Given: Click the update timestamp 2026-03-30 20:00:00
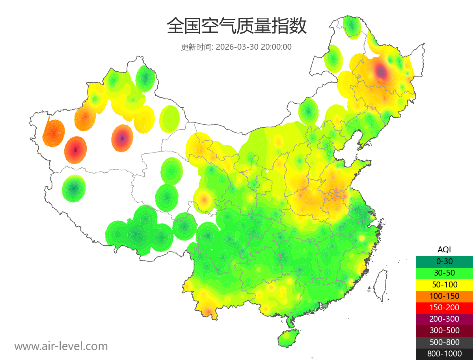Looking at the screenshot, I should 254,47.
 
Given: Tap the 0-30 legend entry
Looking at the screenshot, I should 444,261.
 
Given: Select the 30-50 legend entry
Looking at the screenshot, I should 444,273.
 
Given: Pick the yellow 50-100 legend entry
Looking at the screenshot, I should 444,284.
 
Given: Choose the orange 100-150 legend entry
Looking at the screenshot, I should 444,296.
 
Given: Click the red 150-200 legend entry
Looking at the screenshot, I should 444,308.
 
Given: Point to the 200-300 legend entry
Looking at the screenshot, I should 444,319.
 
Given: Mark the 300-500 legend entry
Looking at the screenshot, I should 444,330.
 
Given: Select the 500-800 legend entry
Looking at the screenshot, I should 444,342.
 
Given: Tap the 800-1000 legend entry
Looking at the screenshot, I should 444,354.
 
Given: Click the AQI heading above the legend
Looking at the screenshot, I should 444,250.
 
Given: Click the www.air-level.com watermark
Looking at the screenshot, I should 61,346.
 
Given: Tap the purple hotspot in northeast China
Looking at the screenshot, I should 381,71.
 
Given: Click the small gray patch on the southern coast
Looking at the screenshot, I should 325,306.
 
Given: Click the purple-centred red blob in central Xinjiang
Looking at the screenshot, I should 122,138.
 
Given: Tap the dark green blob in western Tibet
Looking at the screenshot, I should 74,188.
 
